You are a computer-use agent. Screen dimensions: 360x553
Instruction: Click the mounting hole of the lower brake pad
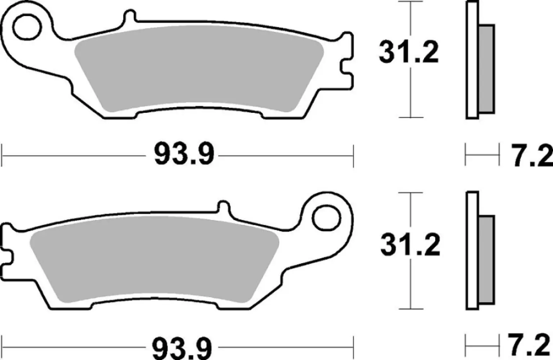pos(326,218)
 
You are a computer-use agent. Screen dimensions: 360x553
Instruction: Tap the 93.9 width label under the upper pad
pos(184,154)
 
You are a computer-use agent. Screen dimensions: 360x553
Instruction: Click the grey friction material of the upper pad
pos(198,68)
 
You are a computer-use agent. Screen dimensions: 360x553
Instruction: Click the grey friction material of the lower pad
pos(155,259)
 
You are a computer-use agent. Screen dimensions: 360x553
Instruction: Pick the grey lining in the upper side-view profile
pos(486,68)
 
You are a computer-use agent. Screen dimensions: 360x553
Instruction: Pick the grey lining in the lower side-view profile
pos(487,259)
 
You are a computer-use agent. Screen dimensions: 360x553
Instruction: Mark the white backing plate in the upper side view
pos(472,60)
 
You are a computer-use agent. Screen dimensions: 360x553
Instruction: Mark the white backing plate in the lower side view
pos(472,251)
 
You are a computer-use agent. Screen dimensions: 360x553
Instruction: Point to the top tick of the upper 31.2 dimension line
pos(411,2)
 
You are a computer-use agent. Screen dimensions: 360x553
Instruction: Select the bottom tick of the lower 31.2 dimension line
pos(411,309)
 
